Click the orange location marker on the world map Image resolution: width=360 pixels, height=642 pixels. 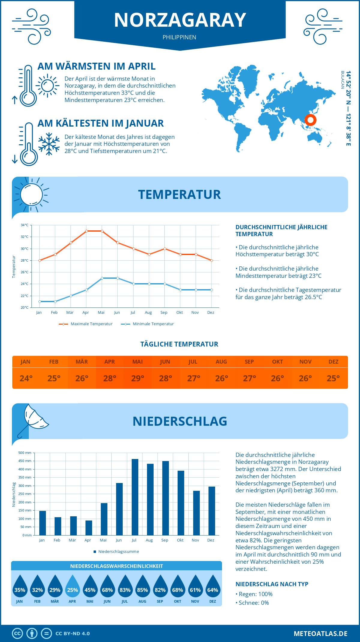(x=310, y=120)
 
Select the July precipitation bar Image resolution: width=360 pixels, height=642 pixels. (x=135, y=497)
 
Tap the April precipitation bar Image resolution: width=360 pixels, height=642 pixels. (x=89, y=527)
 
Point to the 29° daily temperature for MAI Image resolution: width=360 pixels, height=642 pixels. (x=138, y=378)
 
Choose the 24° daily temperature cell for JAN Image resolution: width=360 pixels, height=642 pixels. (x=26, y=378)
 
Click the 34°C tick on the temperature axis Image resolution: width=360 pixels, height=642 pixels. (x=25, y=225)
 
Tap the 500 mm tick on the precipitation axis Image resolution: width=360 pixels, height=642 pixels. (x=25, y=453)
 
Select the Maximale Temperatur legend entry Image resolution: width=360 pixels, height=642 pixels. (x=86, y=324)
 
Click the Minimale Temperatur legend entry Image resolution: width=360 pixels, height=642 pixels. (x=148, y=324)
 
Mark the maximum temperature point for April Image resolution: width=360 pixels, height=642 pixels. (x=86, y=231)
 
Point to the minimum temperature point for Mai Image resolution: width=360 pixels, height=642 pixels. (x=102, y=278)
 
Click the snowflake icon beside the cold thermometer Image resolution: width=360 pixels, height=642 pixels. (x=49, y=144)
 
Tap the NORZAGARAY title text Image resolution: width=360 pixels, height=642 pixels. (x=180, y=20)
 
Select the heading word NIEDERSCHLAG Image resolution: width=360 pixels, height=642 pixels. (x=180, y=421)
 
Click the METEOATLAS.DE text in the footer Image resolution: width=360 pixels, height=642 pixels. (x=320, y=634)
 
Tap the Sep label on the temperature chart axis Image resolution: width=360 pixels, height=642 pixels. (x=164, y=312)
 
